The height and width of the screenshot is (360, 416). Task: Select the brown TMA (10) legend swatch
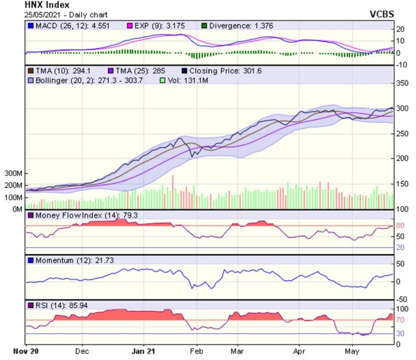tap(30, 70)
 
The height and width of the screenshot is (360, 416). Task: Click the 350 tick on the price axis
tap(403, 82)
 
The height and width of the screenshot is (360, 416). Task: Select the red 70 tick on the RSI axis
tap(402, 320)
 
